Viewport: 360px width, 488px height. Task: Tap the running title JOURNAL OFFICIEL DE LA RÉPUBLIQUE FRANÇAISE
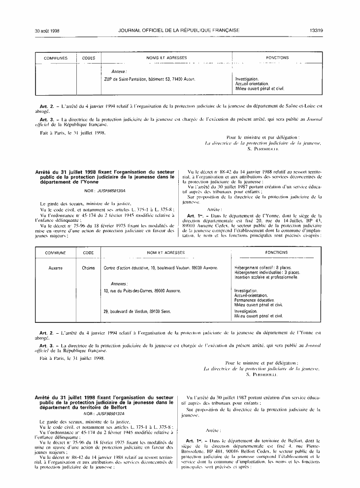(179, 30)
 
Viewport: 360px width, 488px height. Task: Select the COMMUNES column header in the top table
(56, 58)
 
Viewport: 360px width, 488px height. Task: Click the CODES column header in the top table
(89, 58)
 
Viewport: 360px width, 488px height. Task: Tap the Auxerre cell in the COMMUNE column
(56, 268)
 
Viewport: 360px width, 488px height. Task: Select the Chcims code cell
(89, 268)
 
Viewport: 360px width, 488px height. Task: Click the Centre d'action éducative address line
(161, 268)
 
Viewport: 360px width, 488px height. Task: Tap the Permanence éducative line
(255, 300)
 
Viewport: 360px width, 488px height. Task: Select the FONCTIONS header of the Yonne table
(276, 252)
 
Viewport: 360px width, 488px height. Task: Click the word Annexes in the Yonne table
(119, 284)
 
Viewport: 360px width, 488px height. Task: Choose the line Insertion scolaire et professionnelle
(266, 277)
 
